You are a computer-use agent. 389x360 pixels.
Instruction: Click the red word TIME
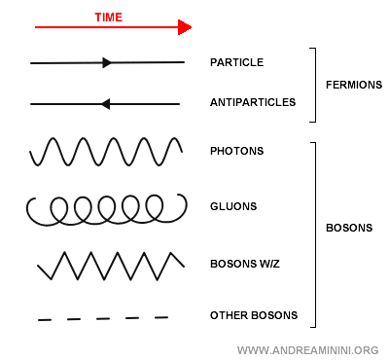click(108, 18)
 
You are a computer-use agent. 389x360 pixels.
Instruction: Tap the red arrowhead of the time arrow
click(185, 27)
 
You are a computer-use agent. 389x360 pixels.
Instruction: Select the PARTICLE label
click(236, 62)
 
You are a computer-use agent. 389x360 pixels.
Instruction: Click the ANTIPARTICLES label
click(251, 101)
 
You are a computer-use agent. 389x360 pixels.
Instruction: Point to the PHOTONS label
click(236, 151)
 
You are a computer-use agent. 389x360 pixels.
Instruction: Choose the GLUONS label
click(234, 207)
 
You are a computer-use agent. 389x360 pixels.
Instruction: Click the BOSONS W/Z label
click(245, 264)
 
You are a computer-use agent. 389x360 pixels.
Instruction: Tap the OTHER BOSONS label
click(253, 315)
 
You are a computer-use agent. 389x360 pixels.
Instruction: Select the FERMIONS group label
click(353, 85)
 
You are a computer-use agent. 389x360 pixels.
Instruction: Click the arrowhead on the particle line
click(107, 62)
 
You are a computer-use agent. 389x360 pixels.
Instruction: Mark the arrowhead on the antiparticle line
click(105, 103)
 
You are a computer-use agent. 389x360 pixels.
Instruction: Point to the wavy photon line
click(106, 152)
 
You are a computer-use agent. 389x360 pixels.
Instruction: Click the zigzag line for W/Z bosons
click(110, 265)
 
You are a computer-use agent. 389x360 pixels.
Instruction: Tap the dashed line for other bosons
click(102, 318)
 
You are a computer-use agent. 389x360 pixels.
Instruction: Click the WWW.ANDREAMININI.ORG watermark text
click(307, 348)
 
